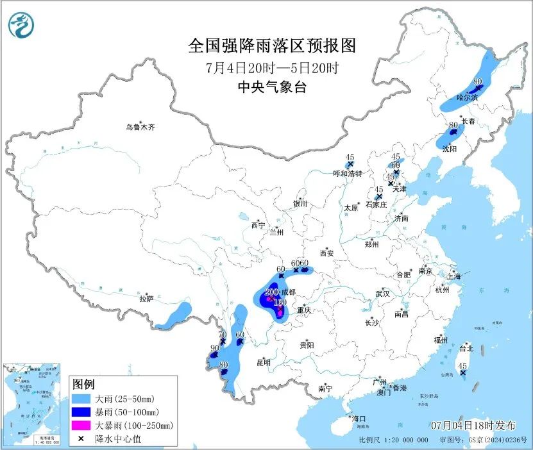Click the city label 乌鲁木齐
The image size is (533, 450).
[140, 128]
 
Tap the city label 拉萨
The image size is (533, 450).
[146, 298]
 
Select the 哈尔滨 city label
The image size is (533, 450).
[467, 97]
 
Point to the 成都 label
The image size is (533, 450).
[288, 292]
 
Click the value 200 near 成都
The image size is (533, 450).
[271, 292]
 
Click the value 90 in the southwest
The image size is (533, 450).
[214, 348]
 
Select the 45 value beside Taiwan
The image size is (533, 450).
[462, 365]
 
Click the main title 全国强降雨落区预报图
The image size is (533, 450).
[271, 46]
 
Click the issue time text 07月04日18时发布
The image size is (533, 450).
[473, 425]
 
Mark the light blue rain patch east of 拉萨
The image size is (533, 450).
[174, 314]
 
